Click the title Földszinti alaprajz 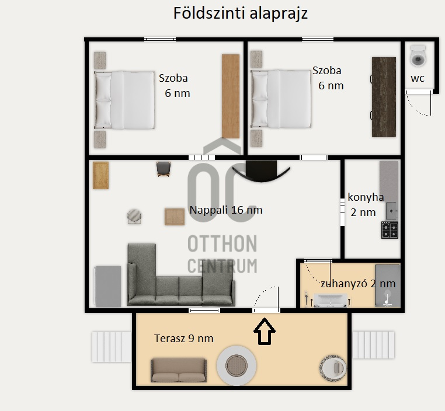(241, 13)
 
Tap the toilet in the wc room (418, 56)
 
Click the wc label (418, 78)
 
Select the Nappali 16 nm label (226, 210)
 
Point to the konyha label (366, 197)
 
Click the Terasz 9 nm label (183, 339)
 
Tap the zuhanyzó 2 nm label (358, 283)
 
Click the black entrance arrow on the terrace (265, 331)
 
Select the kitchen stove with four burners (390, 230)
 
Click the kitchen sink (392, 211)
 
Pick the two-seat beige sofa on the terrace (179, 370)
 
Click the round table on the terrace (237, 365)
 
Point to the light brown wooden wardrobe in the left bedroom (231, 96)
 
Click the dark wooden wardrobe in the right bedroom (384, 97)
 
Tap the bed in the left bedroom (124, 100)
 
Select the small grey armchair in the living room (164, 169)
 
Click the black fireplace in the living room (261, 170)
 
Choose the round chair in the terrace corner (333, 367)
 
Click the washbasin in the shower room (331, 301)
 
